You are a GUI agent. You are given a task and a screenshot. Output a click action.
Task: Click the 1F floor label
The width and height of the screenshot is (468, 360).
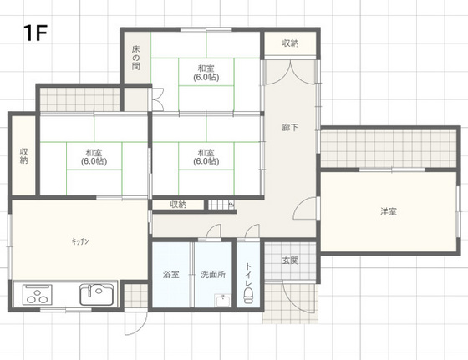pos(35,33)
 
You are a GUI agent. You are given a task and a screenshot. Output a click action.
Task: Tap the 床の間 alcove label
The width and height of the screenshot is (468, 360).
pos(135,58)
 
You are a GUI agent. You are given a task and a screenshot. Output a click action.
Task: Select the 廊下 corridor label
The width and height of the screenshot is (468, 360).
pos(290,127)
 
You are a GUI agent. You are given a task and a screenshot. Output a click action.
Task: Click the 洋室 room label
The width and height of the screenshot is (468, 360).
pos(389,211)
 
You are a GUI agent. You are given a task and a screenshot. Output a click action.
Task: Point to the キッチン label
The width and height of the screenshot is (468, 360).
pos(80,241)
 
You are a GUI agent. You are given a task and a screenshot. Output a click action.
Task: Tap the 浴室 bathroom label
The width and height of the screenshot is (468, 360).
pos(171,274)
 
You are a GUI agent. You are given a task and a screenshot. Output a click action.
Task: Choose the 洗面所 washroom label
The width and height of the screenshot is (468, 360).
pos(213,274)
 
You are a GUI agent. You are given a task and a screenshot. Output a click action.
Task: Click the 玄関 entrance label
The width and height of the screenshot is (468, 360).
pos(290,261)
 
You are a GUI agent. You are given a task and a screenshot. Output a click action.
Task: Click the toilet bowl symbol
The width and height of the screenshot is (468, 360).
pos(248,296)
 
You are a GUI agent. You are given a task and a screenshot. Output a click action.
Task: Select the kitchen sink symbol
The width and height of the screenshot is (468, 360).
pos(97,294)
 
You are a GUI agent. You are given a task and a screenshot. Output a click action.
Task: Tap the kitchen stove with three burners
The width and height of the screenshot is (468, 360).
pos(38,294)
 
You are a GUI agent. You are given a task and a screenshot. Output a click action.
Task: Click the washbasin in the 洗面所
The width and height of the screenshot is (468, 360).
pos(222,301)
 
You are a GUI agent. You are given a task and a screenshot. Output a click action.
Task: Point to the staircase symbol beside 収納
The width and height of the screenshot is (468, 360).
pos(221,205)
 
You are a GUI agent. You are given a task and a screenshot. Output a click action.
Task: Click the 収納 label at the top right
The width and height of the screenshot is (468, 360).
pos(290,43)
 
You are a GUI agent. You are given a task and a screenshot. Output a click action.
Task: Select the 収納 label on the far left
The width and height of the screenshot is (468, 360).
pos(24,155)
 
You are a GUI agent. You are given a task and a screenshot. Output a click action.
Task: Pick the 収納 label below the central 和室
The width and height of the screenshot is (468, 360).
pos(178,205)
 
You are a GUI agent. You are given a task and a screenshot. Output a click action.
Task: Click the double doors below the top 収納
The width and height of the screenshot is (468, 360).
pos(290,73)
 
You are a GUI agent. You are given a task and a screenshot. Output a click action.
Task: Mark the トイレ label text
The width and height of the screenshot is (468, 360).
pos(248,275)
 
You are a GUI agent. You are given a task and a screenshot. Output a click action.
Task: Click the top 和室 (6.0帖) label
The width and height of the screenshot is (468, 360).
pos(206,73)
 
